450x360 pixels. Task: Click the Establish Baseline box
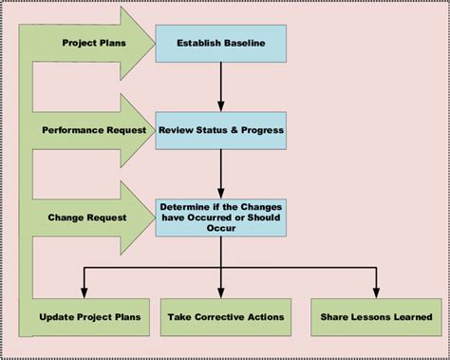coord(220,42)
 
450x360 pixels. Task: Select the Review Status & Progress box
coord(220,129)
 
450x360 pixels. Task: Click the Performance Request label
coord(92,129)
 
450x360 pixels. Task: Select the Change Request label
coord(88,217)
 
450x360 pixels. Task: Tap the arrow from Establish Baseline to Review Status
coord(220,85)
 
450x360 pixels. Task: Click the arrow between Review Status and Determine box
coord(220,173)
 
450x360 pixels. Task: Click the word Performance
coord(72,129)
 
